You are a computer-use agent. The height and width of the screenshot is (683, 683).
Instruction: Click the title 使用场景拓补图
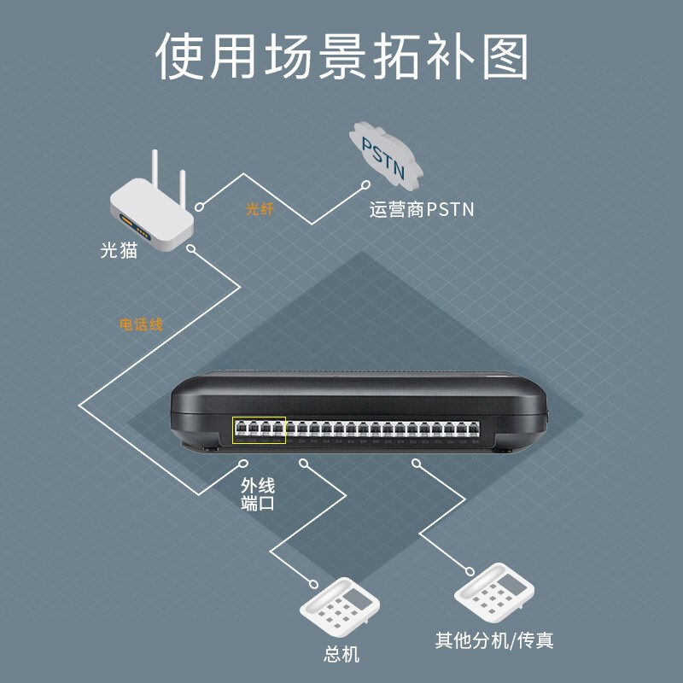[341, 57]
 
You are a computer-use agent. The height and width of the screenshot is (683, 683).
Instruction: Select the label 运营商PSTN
[421, 209]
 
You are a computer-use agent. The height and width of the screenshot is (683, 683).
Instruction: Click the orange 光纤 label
[259, 209]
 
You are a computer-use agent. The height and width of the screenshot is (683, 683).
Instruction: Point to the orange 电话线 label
[141, 325]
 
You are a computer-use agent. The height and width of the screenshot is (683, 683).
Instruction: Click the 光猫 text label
[120, 252]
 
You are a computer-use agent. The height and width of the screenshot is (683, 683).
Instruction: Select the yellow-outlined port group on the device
[259, 430]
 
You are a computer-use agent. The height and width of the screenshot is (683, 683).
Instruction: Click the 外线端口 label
[258, 495]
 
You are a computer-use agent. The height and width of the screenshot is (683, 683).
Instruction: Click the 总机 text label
[341, 654]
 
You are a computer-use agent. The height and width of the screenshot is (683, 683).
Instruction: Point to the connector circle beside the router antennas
[200, 206]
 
